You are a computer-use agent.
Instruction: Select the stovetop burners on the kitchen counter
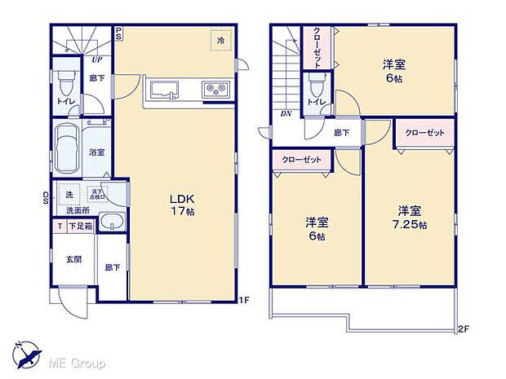[x=215, y=87]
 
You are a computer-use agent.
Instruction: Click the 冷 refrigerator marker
[x=220, y=37]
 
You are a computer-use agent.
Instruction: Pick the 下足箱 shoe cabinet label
[x=80, y=227]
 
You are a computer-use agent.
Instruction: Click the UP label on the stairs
[x=96, y=59]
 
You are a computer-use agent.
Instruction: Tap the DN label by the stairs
[x=286, y=114]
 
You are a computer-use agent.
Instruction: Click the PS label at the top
[x=118, y=33]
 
